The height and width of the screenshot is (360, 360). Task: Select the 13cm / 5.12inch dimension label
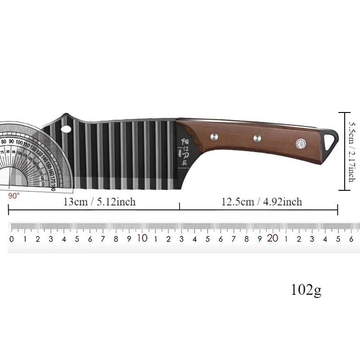point(99,202)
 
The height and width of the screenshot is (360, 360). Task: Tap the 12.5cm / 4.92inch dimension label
point(261,202)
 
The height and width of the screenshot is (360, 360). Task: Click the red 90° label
point(14,196)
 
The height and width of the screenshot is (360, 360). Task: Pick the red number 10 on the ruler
point(142,238)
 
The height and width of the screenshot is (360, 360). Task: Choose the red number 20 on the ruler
point(273,238)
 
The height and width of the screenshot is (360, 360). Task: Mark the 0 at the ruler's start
point(12,239)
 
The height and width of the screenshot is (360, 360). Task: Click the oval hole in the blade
point(66,129)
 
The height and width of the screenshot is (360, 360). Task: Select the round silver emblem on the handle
point(300,144)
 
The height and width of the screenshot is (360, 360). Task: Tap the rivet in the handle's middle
point(257,138)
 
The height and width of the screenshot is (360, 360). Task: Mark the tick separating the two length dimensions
point(180,206)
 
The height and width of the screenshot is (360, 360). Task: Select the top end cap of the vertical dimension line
point(344,112)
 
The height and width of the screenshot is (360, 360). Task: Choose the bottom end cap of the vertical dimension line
point(344,190)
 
